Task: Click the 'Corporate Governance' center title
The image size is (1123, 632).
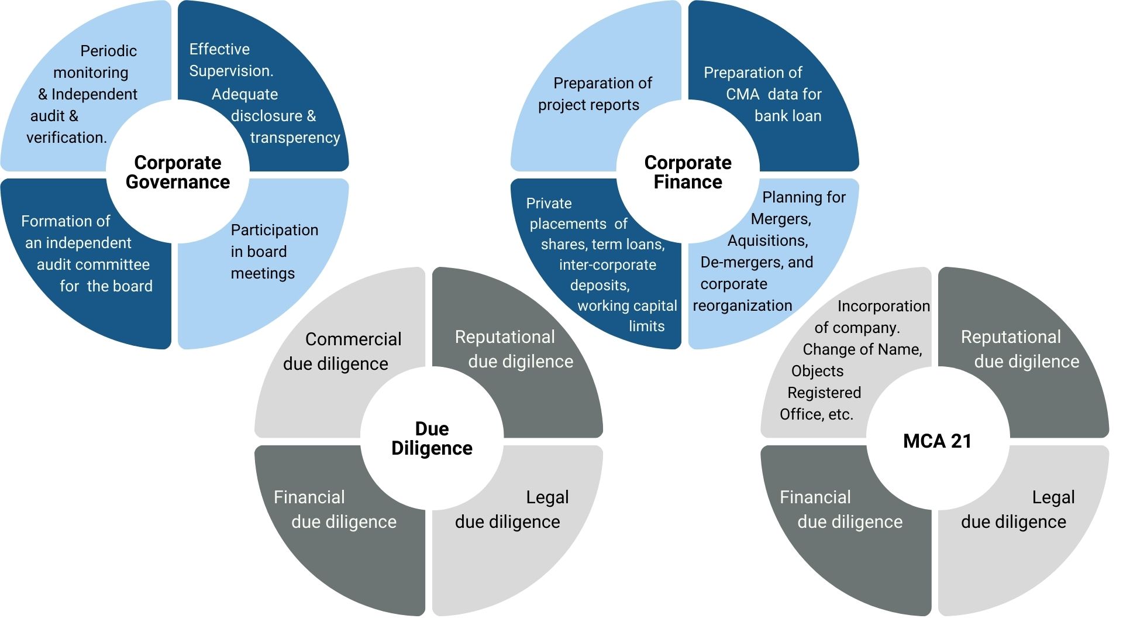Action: click(178, 172)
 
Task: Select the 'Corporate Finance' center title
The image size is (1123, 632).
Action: click(688, 172)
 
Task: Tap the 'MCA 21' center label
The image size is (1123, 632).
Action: click(937, 441)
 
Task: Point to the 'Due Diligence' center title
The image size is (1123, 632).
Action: click(432, 438)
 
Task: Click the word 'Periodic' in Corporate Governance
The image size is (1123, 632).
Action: click(108, 51)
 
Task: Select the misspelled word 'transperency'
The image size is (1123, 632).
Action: click(295, 138)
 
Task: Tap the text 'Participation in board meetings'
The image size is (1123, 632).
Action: click(274, 252)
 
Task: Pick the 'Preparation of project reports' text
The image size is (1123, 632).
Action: click(595, 94)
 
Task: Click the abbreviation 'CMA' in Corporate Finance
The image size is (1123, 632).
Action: click(742, 94)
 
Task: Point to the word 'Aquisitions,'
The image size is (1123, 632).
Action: click(767, 241)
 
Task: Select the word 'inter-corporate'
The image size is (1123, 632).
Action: click(607, 265)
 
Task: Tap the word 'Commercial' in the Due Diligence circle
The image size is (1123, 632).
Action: click(353, 339)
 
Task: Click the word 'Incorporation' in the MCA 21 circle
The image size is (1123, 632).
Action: click(883, 306)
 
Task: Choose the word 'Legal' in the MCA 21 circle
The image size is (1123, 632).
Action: click(1053, 497)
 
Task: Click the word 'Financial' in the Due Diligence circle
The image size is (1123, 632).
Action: click(309, 497)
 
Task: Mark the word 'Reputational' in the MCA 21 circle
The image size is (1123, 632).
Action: click(1010, 337)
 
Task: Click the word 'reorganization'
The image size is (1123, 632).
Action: click(742, 305)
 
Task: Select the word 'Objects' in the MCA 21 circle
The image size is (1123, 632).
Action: click(817, 371)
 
